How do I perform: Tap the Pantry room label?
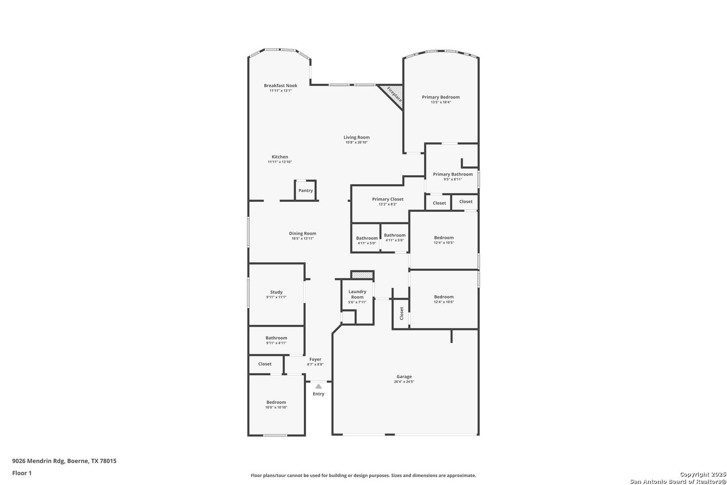(x=306, y=191)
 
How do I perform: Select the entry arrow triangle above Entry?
(x=318, y=386)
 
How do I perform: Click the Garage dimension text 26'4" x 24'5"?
(x=404, y=382)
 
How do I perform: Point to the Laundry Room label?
(x=357, y=294)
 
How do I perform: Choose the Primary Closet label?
(x=388, y=199)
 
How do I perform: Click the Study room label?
(x=276, y=292)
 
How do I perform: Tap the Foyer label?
(x=315, y=359)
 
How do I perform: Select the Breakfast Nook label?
(x=280, y=85)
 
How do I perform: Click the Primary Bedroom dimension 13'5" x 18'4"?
(x=441, y=102)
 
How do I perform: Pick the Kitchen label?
(x=280, y=157)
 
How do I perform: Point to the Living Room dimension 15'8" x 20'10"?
(x=356, y=142)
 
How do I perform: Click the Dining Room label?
(x=302, y=233)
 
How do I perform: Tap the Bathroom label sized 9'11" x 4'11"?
(x=276, y=338)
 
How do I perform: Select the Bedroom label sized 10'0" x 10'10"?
(x=276, y=402)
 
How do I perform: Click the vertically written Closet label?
(x=402, y=313)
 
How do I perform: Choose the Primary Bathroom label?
(x=453, y=174)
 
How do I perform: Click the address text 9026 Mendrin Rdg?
(x=39, y=461)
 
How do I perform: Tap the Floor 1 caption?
(x=22, y=473)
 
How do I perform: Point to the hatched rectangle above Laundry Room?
(x=362, y=275)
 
